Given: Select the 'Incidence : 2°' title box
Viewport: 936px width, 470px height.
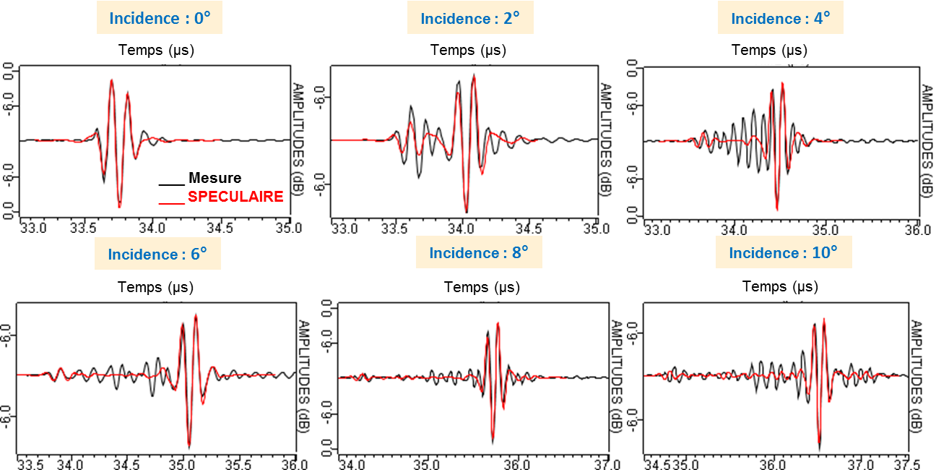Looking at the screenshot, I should pyautogui.click(x=471, y=18).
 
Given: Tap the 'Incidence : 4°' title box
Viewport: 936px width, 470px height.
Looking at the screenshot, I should pyautogui.click(x=780, y=18).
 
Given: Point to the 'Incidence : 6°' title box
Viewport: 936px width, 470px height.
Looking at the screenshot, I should pyautogui.click(x=157, y=254).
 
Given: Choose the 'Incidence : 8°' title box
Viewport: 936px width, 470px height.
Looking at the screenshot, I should pyautogui.click(x=479, y=253).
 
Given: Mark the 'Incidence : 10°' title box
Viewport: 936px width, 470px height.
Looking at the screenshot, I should pyautogui.click(x=784, y=253).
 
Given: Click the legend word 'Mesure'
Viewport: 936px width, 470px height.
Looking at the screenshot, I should pyautogui.click(x=214, y=178).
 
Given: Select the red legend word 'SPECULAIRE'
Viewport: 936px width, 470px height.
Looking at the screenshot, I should pyautogui.click(x=235, y=196).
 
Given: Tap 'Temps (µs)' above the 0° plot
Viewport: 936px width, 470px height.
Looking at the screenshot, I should pyautogui.click(x=155, y=50).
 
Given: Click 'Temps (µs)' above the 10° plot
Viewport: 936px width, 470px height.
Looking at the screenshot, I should pyautogui.click(x=781, y=286).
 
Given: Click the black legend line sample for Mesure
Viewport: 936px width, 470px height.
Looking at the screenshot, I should pyautogui.click(x=172, y=186).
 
